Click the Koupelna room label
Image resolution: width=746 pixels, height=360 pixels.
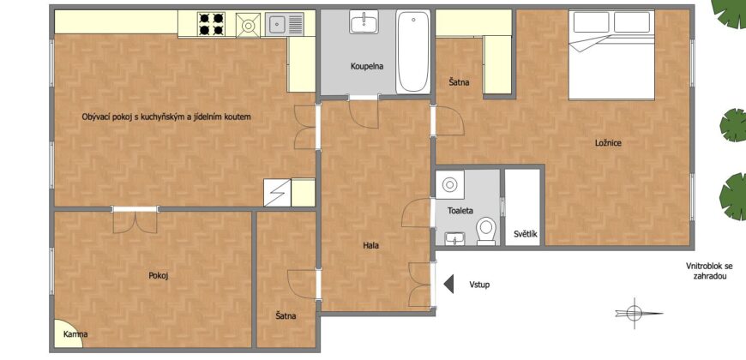367,67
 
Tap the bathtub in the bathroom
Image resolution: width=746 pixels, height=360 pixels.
413,51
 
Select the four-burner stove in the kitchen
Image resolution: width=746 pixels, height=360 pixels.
211,24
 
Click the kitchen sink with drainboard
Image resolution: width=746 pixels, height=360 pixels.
285,24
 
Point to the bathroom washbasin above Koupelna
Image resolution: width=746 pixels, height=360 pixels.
364,22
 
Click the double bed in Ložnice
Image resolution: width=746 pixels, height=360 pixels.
611,55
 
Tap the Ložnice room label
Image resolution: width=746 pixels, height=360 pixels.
608,142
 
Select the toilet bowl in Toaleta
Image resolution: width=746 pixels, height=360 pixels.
486,231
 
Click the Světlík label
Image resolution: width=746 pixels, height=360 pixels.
526,234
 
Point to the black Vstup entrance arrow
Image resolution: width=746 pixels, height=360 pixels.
448,284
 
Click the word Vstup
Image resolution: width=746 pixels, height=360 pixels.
479,285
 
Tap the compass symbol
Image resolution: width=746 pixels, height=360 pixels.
635,313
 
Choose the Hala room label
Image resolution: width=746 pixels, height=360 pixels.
370,246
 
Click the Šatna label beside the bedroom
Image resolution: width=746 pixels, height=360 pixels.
459,82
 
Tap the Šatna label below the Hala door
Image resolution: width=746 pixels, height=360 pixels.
286,315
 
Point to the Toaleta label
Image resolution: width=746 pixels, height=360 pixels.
460,210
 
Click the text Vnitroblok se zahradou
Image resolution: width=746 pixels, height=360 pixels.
709,271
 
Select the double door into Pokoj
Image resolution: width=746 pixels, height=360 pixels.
135,222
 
